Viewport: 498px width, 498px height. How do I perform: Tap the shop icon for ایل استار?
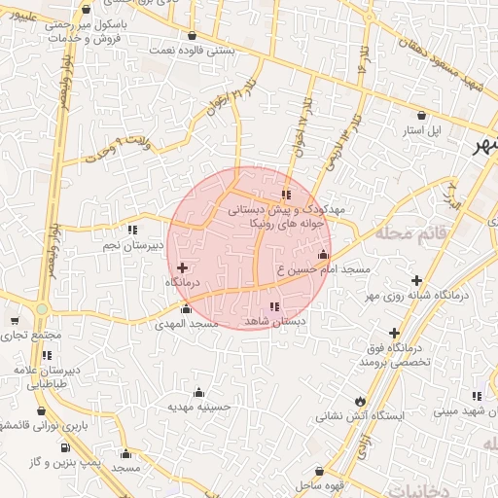click(420, 114)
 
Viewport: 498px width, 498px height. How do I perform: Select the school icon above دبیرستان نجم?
click(132, 231)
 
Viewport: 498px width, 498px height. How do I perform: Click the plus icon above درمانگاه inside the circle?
click(182, 267)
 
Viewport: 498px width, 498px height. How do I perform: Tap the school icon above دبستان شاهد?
click(273, 307)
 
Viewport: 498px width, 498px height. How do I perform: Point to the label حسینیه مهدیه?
click(197, 406)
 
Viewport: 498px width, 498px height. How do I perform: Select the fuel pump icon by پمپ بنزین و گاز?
click(64, 447)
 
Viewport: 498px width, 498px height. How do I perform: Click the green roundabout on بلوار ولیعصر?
click(42, 309)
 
